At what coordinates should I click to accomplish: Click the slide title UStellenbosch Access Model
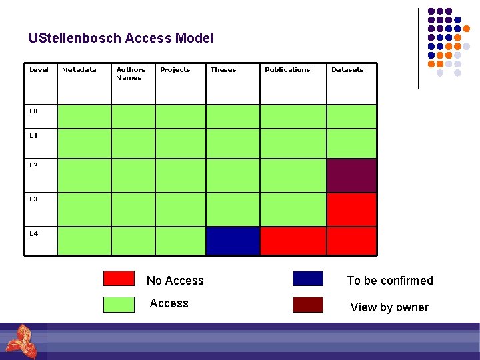pos(121,38)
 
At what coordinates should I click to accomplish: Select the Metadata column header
pos(79,70)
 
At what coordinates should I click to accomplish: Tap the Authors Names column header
pos(131,73)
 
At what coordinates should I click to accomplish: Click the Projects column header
pos(175,70)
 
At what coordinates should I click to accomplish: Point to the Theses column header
pos(223,70)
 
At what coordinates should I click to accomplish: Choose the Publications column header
pos(287,70)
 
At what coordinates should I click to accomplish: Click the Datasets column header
pos(347,70)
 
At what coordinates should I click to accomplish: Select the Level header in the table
pos(39,70)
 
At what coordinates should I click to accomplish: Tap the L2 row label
pos(33,165)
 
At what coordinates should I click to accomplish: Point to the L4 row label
pos(33,234)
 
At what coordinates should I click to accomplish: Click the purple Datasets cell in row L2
pos(351,176)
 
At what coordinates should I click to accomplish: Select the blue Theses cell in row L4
pos(233,241)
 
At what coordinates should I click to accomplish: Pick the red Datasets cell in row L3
pos(351,209)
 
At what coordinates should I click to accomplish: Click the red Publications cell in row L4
pos(293,241)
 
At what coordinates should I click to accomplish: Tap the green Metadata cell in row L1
pos(84,143)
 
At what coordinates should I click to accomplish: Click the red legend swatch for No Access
pos(119,279)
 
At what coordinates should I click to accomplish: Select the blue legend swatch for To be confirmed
pos(308,279)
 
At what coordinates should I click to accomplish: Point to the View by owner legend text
pos(389,307)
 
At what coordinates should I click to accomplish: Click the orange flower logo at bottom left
pos(20,340)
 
